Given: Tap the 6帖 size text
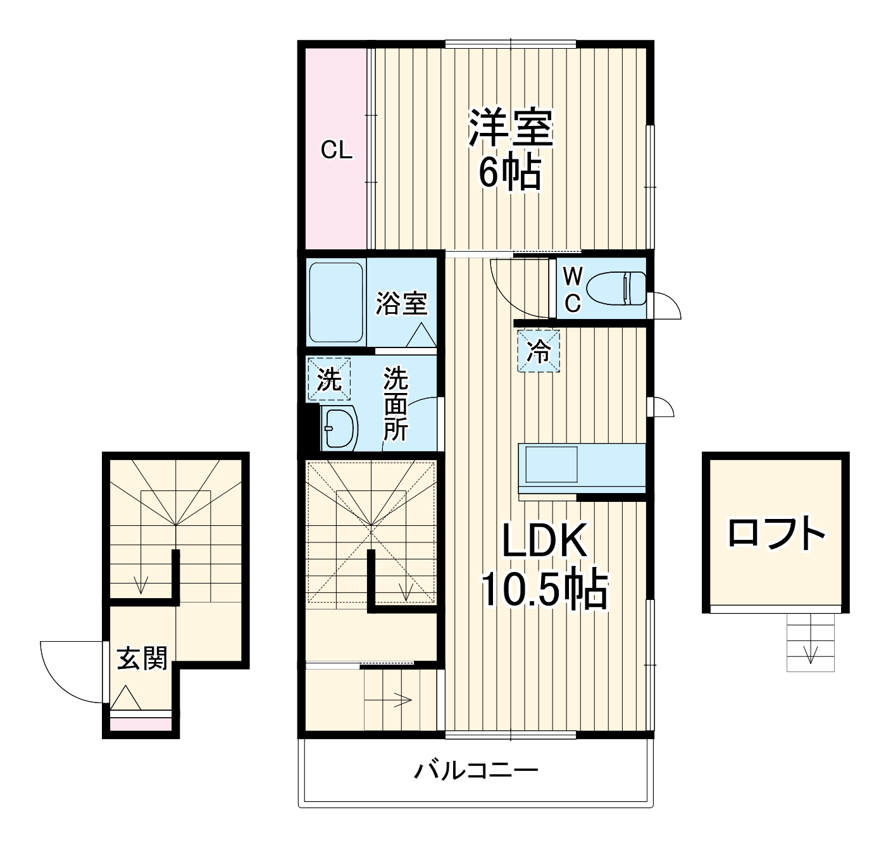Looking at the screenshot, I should (509, 173).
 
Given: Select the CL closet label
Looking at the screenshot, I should (335, 151).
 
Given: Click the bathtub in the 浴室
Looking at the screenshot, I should (336, 303).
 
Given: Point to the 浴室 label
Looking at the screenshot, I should (401, 303).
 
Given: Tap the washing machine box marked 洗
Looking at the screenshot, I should (328, 380).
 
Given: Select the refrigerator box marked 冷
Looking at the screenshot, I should (539, 352).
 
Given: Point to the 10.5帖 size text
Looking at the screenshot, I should (544, 590).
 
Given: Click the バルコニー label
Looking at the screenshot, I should (476, 771).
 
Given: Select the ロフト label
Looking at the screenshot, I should (777, 534).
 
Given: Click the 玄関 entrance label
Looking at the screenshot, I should (142, 659).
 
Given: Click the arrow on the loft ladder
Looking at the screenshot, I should (811, 653).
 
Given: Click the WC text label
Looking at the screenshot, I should (572, 289).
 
